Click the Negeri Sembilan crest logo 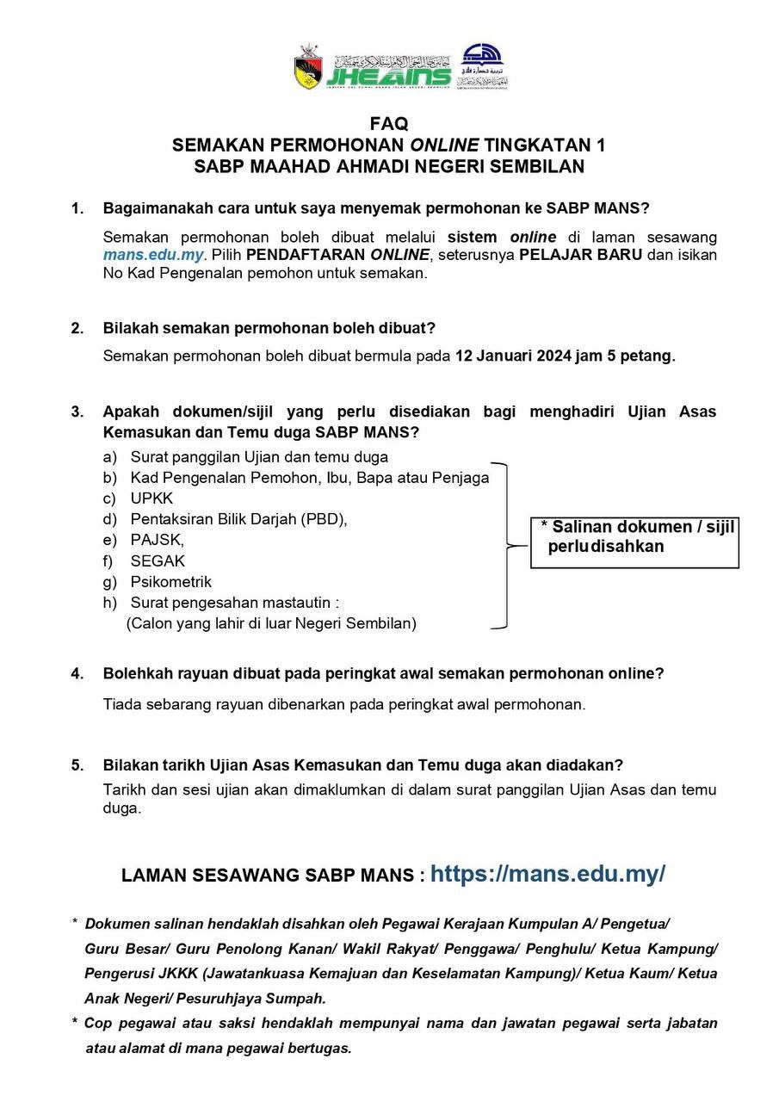tap(307, 67)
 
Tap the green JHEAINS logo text tap(387, 73)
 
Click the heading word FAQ tap(389, 124)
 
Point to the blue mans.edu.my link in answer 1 tap(153, 255)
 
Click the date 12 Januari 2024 tap(516, 356)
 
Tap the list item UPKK tap(151, 498)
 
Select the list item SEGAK tap(158, 561)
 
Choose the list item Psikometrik tap(170, 582)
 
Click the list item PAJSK tap(157, 540)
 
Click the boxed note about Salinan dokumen tap(634, 537)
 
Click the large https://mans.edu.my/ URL tap(547, 874)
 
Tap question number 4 tap(77, 674)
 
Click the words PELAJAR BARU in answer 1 tap(580, 255)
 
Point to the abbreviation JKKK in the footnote tap(174, 974)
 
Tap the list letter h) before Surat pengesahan tap(110, 603)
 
